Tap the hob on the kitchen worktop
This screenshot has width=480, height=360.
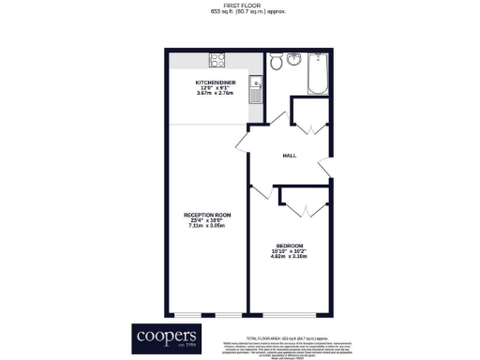pyautogui.click(x=217, y=60)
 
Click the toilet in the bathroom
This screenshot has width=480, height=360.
pyautogui.click(x=277, y=62)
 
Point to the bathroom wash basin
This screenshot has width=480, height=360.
pyautogui.click(x=296, y=60)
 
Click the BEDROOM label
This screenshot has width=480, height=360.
pyautogui.click(x=290, y=246)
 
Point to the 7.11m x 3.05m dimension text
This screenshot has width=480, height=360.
pyautogui.click(x=208, y=226)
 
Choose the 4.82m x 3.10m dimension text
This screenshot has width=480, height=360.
pyautogui.click(x=290, y=257)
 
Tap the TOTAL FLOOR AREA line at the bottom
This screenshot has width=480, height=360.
pyautogui.click(x=286, y=336)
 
